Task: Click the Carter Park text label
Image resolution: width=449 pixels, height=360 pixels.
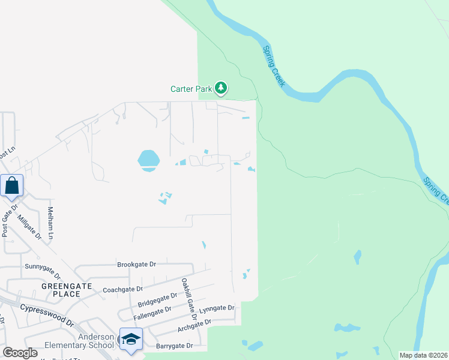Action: pyautogui.click(x=191, y=89)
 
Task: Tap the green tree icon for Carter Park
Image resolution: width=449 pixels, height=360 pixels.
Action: pyautogui.click(x=221, y=89)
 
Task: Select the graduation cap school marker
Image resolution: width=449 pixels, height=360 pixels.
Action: pyautogui.click(x=131, y=339)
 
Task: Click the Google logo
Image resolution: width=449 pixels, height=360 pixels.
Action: pyautogui.click(x=20, y=353)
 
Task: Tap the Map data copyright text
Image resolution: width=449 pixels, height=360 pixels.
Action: pyautogui.click(x=423, y=355)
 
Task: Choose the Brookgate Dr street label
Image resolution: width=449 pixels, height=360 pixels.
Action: pyautogui.click(x=136, y=264)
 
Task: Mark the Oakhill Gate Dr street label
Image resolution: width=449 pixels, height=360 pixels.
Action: pyautogui.click(x=189, y=294)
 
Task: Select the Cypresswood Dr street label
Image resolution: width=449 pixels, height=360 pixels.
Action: pyautogui.click(x=46, y=314)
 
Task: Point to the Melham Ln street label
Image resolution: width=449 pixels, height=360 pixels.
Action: pyautogui.click(x=51, y=223)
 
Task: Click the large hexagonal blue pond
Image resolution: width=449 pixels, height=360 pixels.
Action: pyautogui.click(x=148, y=160)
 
